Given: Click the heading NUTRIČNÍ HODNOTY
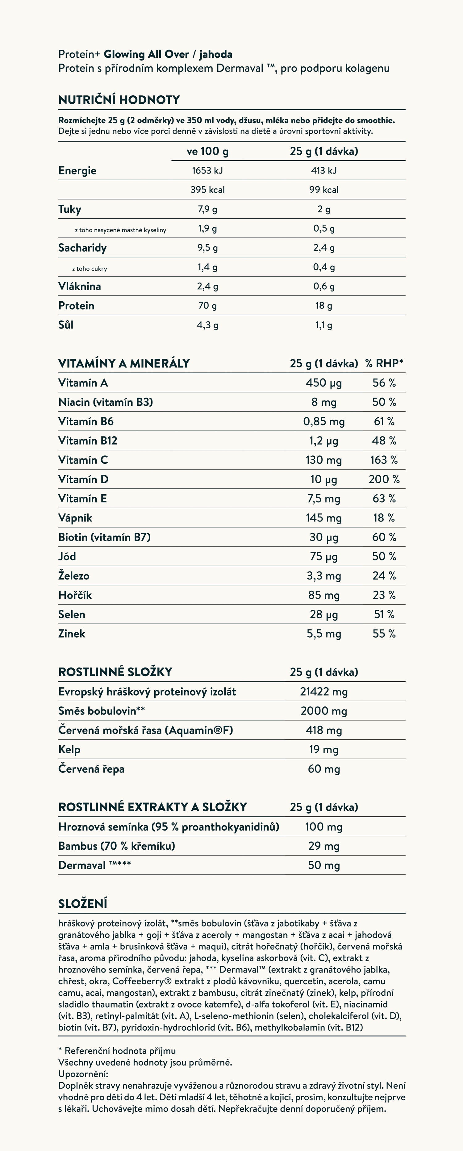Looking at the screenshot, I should pos(119,100).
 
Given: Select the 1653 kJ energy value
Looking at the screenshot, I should pos(207,170).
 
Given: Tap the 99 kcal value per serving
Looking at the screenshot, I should pos(323,190).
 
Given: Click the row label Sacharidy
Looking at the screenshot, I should pos(82,248).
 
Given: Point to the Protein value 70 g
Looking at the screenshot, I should pos(207,306).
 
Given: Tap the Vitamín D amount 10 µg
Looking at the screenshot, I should pos(323,479).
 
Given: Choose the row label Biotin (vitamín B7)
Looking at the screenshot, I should pos(104,537).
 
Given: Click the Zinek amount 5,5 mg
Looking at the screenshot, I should pos(323,634).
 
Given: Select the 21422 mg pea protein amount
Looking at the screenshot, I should pos(323,692).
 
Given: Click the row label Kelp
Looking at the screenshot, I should pos(69,750).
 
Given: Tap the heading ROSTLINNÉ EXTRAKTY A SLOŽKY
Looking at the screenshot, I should pos(152,807).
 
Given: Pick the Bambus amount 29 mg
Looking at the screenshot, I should pos(323,846).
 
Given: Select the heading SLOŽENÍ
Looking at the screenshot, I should pos(83,903).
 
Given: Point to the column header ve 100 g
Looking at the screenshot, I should pos(207,151).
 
